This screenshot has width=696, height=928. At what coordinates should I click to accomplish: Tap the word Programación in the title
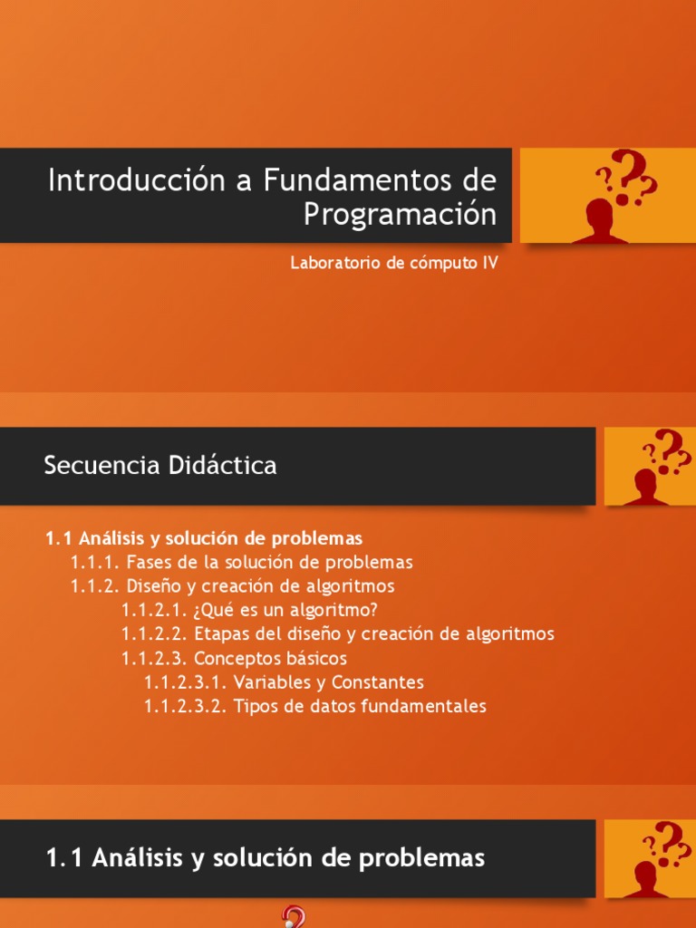[400, 215]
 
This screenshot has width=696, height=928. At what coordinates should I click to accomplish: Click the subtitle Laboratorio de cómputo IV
[394, 264]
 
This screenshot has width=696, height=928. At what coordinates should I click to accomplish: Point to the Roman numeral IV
[489, 264]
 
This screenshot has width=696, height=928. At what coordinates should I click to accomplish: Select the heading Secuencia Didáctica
[160, 466]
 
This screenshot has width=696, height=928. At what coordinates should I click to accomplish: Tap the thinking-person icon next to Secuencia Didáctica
[650, 466]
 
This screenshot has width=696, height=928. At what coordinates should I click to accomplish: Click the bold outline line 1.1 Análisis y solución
[204, 537]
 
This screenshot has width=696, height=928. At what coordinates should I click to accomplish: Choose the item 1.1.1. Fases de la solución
[242, 562]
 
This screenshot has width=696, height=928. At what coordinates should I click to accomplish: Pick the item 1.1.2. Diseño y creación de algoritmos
[233, 585]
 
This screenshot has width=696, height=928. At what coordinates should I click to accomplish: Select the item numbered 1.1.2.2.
[154, 634]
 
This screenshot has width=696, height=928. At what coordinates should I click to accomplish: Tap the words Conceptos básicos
[270, 658]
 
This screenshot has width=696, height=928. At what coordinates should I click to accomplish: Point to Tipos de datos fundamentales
[360, 706]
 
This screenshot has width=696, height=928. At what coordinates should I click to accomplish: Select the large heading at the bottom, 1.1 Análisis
[265, 858]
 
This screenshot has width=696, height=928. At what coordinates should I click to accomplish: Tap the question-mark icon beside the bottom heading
[650, 858]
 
